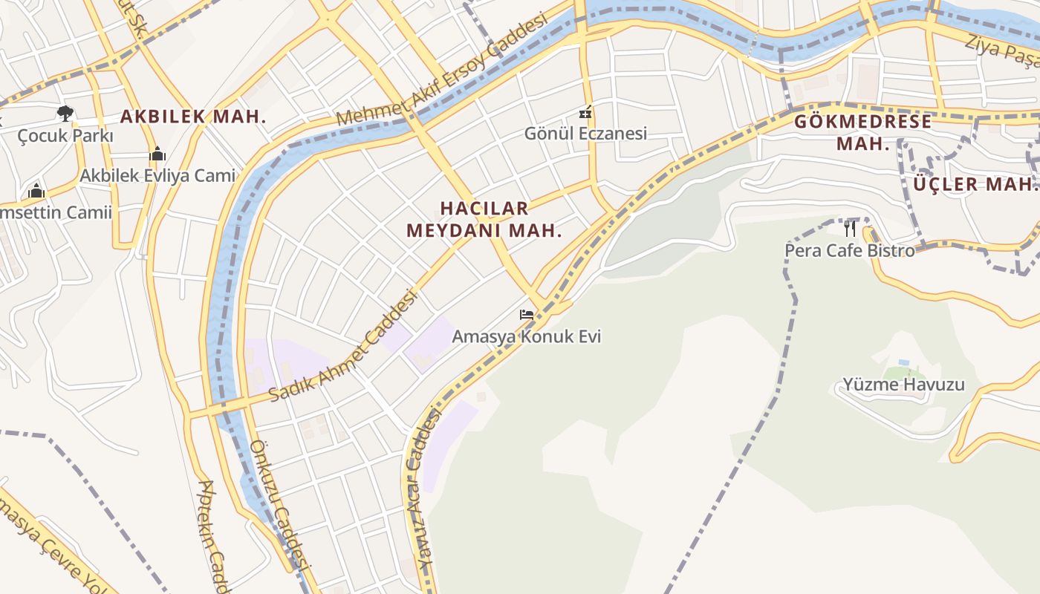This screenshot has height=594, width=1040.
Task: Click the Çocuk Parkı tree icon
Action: [x=65, y=113]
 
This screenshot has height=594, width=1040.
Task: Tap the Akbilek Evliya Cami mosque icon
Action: [x=157, y=154]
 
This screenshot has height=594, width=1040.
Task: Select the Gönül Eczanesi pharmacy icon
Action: [x=586, y=113]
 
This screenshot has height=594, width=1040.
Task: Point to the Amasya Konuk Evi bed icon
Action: [x=527, y=315]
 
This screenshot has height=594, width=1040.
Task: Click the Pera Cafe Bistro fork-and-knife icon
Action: [x=850, y=228]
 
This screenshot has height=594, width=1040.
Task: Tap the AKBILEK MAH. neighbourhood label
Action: [x=193, y=117]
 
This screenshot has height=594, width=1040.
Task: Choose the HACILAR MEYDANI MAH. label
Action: [x=484, y=219]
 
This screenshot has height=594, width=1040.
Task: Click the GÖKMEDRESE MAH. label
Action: [x=863, y=132]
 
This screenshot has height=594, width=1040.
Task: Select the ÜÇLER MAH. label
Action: [x=974, y=184]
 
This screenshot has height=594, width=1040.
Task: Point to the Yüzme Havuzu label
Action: [x=903, y=385]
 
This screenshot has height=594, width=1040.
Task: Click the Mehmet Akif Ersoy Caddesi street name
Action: [x=441, y=70]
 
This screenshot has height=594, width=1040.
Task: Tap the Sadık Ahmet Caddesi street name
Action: [x=343, y=346]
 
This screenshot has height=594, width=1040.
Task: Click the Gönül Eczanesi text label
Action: [x=585, y=134]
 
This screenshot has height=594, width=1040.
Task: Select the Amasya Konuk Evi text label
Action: [x=526, y=336]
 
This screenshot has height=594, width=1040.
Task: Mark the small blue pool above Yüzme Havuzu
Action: [x=904, y=362]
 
